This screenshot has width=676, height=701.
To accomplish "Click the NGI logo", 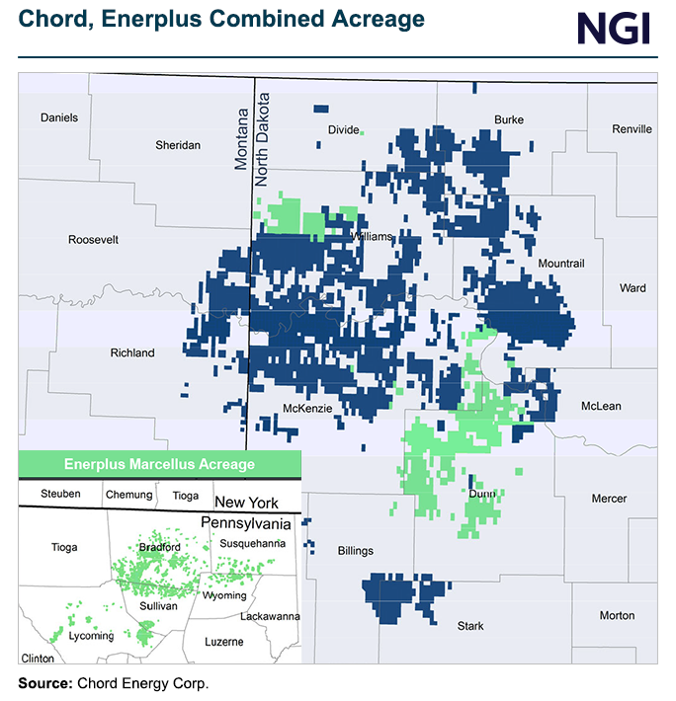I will [613, 28].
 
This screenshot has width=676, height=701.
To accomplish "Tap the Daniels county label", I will [58, 118].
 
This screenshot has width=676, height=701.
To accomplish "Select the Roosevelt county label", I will [93, 240].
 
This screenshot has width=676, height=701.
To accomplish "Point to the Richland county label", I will [132, 352].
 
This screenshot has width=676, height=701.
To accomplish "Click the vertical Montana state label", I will [241, 131].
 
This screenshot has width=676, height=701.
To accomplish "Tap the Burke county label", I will [508, 120].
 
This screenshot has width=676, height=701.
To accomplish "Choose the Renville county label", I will [632, 129].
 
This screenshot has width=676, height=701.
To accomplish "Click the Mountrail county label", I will [561, 264].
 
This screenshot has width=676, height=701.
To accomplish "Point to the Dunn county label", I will [483, 493].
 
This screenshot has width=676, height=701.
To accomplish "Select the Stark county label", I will [470, 625].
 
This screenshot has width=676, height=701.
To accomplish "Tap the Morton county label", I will [617, 615].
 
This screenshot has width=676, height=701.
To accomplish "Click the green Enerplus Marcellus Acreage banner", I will [159, 464].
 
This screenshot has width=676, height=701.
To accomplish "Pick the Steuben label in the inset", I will [61, 494].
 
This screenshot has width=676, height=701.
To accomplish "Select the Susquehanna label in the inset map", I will [254, 543].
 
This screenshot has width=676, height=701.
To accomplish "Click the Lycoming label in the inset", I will [89, 637].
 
